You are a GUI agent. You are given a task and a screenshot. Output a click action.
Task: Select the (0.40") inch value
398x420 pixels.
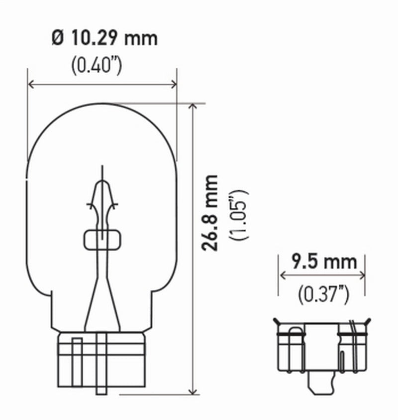[97, 65]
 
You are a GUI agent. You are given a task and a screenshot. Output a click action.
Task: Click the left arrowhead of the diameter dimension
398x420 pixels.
[30, 84]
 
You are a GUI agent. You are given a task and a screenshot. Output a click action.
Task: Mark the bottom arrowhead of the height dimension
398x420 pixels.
[192, 392]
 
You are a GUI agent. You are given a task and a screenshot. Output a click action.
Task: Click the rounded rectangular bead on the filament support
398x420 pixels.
[102, 240]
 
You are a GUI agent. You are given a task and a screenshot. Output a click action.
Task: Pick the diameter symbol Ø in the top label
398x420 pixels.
[57, 38]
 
